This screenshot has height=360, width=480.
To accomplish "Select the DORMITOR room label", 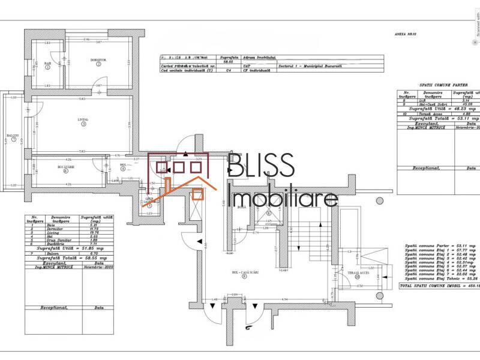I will (98, 60).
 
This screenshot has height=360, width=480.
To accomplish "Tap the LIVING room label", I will (83, 119).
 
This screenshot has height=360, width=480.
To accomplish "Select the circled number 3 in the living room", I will (83, 125).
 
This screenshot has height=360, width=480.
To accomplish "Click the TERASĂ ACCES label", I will (356, 272).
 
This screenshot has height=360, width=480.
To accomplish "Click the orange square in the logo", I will (197, 193).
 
